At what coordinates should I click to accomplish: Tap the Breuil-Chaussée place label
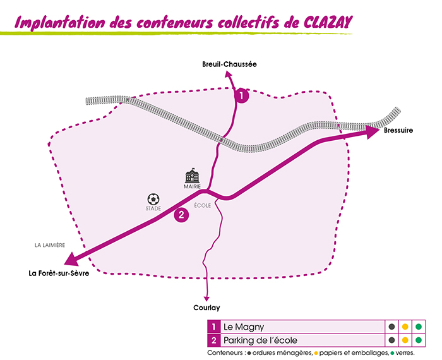point(230,64)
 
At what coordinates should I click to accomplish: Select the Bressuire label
point(398,131)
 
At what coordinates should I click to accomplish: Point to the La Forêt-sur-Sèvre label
point(55,273)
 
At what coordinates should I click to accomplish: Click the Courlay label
point(206,308)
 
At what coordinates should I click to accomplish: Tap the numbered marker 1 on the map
point(242,96)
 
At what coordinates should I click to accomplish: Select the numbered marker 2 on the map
point(181,215)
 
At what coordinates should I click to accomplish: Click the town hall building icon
point(191,176)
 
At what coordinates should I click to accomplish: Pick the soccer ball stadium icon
point(153,199)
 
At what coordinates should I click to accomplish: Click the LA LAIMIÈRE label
point(51,245)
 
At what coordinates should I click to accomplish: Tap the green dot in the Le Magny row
point(417,327)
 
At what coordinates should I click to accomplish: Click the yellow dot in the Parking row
point(405,340)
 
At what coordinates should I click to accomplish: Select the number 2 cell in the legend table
point(215,340)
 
